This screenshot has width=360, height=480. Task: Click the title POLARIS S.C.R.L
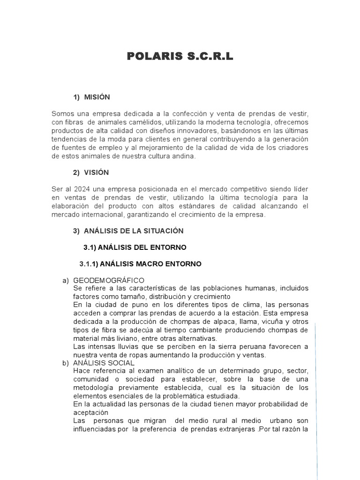[180, 57]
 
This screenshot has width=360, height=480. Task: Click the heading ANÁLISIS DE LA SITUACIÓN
[134, 231]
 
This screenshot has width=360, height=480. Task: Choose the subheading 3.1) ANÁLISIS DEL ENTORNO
[135, 247]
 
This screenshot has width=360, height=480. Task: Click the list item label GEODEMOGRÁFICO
[108, 280]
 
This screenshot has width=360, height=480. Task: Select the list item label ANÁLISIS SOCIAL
[104, 363]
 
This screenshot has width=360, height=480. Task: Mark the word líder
[299, 189]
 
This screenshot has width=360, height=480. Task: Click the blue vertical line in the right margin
[316, 398]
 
